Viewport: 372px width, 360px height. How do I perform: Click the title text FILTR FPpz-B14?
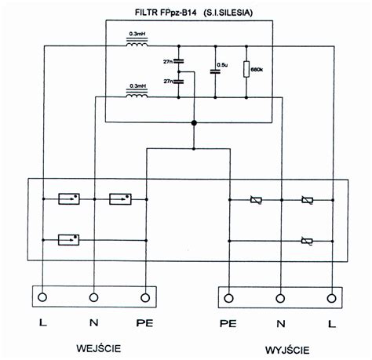pyautogui.click(x=166, y=13)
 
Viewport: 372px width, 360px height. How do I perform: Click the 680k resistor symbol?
pyautogui.click(x=246, y=69)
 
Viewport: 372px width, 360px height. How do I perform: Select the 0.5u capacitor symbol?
pyautogui.click(x=215, y=71)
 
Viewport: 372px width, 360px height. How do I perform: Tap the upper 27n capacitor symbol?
pyautogui.click(x=179, y=61)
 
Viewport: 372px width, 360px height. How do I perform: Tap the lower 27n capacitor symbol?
pyautogui.click(x=179, y=82)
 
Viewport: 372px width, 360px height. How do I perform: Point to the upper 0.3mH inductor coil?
pyautogui.click(x=137, y=42)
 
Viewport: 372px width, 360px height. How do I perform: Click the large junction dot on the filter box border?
pyautogui.click(x=194, y=122)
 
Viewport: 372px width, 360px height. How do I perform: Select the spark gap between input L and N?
pyautogui.click(x=69, y=199)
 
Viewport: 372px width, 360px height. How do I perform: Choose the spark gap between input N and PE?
pyautogui.click(x=120, y=199)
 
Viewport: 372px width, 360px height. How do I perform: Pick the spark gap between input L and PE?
pyautogui.click(x=68, y=240)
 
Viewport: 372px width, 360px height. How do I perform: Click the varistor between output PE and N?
pyautogui.click(x=256, y=200)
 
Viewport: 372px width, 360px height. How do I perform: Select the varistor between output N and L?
pyautogui.click(x=308, y=200)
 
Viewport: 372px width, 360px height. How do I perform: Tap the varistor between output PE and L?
pyautogui.click(x=307, y=241)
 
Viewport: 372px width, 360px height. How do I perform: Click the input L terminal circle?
pyautogui.click(x=42, y=297)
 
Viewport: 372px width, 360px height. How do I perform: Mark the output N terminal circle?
pyautogui.click(x=280, y=298)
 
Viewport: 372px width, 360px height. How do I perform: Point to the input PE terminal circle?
pyautogui.click(x=145, y=297)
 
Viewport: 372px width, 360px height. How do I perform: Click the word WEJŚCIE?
pyautogui.click(x=99, y=348)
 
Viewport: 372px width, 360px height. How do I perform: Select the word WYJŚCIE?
pyautogui.click(x=287, y=350)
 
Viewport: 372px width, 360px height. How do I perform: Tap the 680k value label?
pyautogui.click(x=257, y=70)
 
